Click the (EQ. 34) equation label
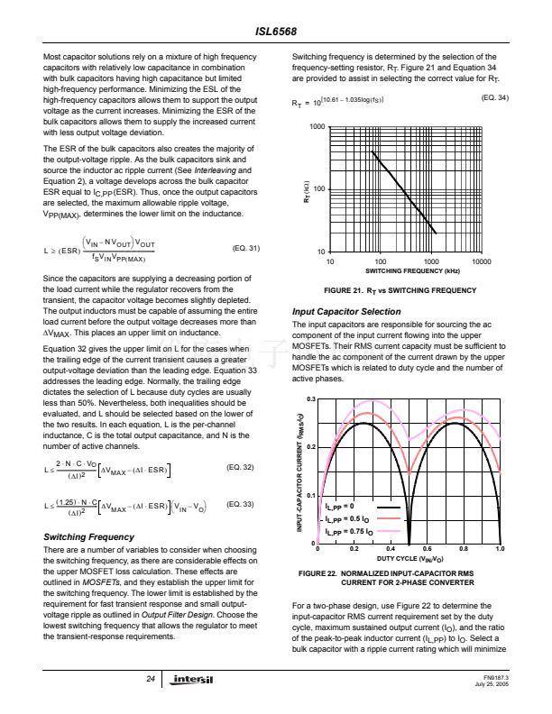click(495, 97)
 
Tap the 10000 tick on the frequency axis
click(481, 261)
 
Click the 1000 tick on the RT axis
click(317, 127)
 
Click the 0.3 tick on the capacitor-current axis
click(310, 398)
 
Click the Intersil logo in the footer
click(194, 678)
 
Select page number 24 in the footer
click(149, 678)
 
